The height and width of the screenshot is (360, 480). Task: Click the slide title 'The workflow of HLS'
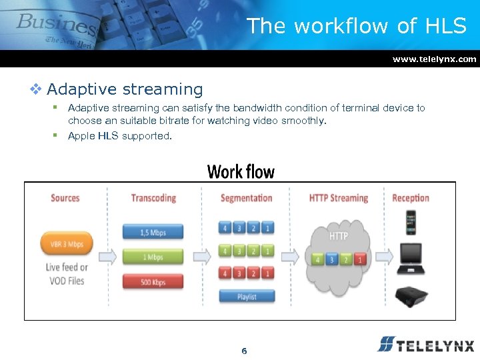pyautogui.click(x=356, y=26)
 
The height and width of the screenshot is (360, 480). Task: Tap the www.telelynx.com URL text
pyautogui.click(x=434, y=59)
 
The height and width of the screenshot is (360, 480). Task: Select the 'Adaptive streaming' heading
pyautogui.click(x=125, y=89)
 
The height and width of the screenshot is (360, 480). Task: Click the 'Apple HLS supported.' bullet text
pyautogui.click(x=120, y=136)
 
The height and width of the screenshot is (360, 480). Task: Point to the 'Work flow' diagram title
pyautogui.click(x=241, y=171)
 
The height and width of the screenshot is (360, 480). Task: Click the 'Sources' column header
pyautogui.click(x=65, y=198)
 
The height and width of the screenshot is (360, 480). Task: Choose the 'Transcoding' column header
pyautogui.click(x=153, y=198)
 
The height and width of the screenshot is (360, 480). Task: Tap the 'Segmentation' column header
pyautogui.click(x=246, y=198)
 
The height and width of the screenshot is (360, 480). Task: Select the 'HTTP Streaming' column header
pyautogui.click(x=339, y=198)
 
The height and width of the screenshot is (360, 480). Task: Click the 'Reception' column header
pyautogui.click(x=411, y=198)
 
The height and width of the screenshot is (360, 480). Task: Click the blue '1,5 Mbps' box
pyautogui.click(x=153, y=233)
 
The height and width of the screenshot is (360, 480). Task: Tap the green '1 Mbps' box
pyautogui.click(x=153, y=257)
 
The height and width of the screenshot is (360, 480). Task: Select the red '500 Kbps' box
pyautogui.click(x=153, y=282)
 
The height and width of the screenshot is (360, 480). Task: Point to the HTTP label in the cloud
pyautogui.click(x=339, y=235)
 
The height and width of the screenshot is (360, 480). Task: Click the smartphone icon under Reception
pyautogui.click(x=411, y=223)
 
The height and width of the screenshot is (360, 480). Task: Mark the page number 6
pyautogui.click(x=244, y=351)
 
